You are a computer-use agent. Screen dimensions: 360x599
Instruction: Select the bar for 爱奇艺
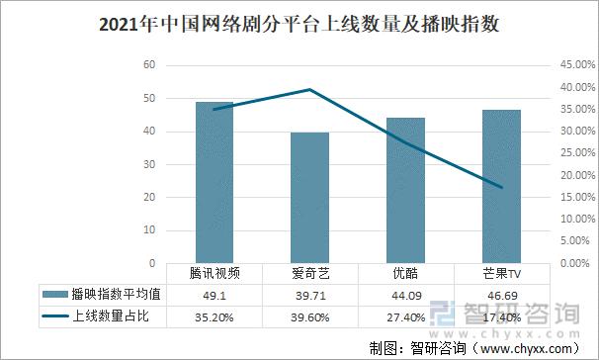(309, 198)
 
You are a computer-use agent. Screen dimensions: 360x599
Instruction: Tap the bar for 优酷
(405, 191)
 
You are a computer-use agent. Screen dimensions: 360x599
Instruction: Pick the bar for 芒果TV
(501, 187)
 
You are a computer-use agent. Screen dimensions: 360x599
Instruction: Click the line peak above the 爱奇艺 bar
(309, 90)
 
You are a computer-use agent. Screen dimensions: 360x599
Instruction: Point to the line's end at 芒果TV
(501, 187)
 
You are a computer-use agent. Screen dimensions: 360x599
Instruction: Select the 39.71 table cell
(309, 295)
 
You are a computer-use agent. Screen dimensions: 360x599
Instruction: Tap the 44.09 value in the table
(405, 295)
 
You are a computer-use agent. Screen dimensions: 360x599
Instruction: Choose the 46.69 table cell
(501, 295)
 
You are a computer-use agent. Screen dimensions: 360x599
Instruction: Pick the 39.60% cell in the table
(309, 316)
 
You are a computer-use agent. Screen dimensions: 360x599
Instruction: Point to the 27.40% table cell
(405, 316)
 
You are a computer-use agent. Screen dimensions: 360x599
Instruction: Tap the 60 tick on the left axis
(149, 65)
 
